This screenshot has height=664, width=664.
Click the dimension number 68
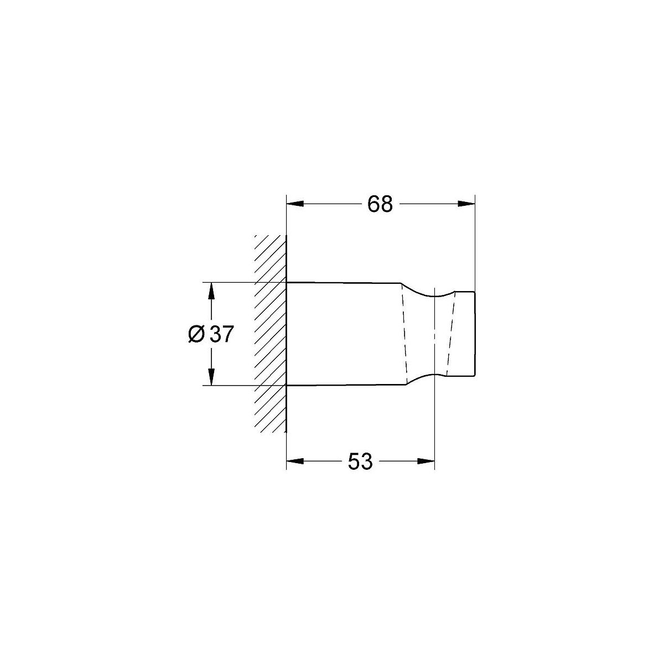380,205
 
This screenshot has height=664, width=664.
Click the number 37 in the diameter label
221,334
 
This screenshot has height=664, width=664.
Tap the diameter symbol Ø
196,334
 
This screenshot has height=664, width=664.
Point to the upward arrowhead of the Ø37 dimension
210,291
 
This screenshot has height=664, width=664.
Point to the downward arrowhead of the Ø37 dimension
210,377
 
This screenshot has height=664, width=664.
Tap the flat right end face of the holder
475,334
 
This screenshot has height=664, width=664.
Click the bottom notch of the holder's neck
437,375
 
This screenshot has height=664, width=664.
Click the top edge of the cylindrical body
343,283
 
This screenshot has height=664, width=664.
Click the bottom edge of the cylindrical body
343,385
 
